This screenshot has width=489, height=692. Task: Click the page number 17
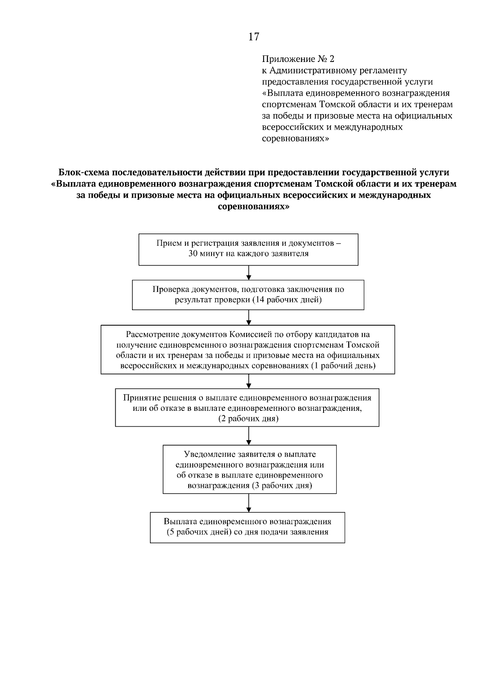253,37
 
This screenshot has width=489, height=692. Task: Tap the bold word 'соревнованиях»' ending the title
254,207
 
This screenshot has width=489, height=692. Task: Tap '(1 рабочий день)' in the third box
343,366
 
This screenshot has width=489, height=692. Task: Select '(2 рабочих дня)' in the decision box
248,419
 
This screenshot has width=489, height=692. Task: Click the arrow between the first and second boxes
249,273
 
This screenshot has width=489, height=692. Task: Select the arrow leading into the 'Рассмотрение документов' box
249,317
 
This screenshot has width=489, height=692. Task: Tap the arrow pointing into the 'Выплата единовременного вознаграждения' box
249,503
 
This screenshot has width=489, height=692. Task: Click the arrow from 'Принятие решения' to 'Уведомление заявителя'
249,436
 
